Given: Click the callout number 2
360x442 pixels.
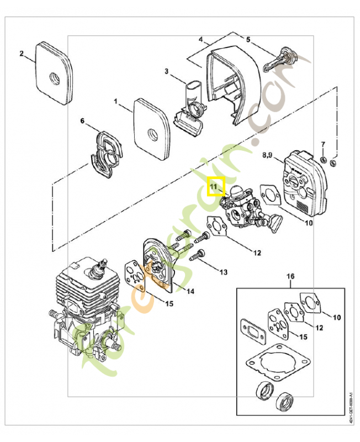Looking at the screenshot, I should click(x=22, y=54).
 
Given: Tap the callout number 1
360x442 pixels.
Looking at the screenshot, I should click(x=116, y=102).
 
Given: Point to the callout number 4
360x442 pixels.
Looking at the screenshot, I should click(x=202, y=40).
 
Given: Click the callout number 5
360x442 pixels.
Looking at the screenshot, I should click(x=248, y=40).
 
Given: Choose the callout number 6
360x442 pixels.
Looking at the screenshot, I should click(x=83, y=120).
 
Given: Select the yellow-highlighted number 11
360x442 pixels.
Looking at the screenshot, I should click(x=214, y=187).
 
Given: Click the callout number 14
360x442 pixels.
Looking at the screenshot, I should click(x=189, y=291).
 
